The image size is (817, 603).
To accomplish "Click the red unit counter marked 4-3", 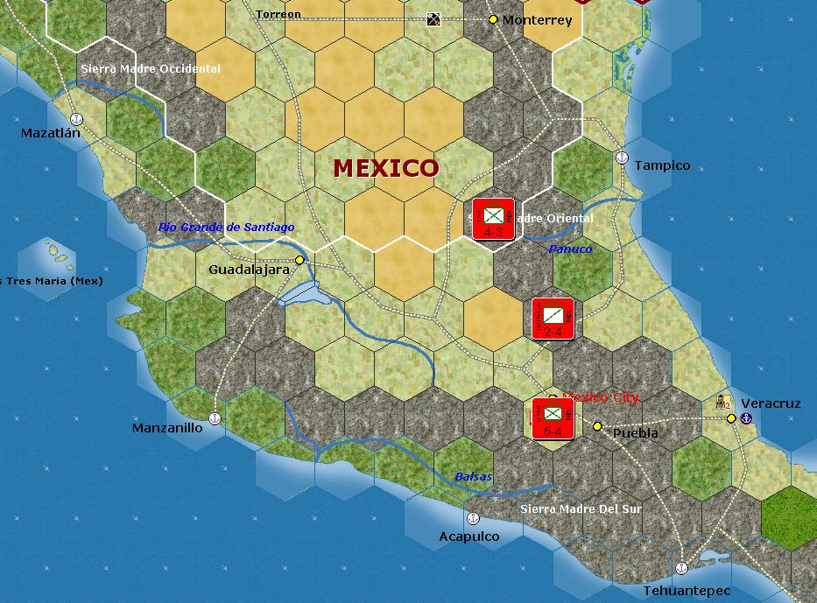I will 493,219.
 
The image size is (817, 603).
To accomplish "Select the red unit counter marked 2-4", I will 553,319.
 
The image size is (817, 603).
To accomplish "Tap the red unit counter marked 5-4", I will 553,417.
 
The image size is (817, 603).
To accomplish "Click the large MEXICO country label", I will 385,167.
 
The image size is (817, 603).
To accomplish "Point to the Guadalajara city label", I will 249,270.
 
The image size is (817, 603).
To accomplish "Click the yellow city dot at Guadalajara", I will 299,260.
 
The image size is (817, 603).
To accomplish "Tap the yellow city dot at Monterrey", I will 493,19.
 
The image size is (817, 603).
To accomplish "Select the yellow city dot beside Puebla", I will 597,426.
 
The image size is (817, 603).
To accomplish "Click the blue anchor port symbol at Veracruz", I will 746,419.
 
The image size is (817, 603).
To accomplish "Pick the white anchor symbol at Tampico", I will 622,158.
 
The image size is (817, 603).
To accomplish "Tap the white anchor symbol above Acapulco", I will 474,518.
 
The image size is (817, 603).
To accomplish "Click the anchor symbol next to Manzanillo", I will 215,419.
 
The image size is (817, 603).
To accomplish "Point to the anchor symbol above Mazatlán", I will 75,118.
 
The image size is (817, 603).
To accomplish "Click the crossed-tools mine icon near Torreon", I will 433,19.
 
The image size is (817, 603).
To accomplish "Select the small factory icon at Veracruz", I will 722,403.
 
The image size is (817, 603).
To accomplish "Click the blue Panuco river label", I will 570,249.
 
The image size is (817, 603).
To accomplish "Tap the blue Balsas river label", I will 473,477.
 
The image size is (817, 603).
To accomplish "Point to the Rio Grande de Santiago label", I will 226,228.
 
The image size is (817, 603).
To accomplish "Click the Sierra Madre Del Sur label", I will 581,508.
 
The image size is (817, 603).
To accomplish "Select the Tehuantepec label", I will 687,591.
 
